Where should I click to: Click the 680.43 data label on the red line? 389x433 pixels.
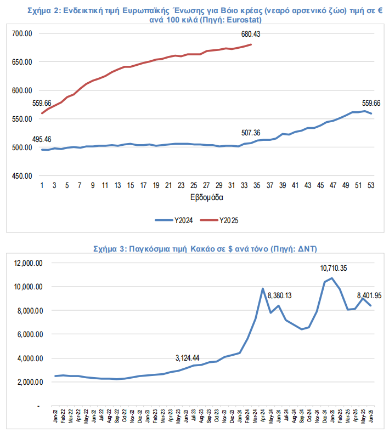tap(251, 34)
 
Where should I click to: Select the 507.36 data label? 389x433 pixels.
tap(251, 133)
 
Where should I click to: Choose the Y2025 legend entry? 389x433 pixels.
tap(222, 220)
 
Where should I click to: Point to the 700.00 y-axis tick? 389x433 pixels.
tap(22, 34)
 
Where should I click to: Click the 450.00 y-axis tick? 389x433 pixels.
tap(22, 176)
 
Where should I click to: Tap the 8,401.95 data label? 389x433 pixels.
tap(370, 296)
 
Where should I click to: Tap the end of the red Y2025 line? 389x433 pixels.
tap(251, 44)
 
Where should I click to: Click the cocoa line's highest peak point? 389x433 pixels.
tap(332, 278)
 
